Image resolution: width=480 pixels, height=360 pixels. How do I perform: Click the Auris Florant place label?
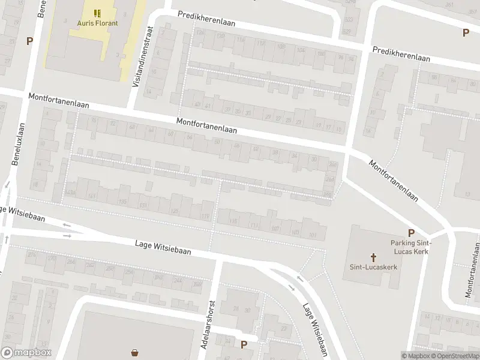tap(97, 23)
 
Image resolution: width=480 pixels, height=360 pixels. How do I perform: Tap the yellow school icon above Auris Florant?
tap(97, 13)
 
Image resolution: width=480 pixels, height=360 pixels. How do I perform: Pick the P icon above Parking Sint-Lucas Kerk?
tap(411, 233)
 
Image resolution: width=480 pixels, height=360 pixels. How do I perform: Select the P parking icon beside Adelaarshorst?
tap(243, 344)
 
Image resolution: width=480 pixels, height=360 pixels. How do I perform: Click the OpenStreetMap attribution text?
tap(455, 356)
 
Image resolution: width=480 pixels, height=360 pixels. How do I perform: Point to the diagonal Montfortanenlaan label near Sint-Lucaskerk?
tap(394, 181)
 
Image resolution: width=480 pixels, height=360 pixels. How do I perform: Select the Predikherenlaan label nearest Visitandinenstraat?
tap(206, 20)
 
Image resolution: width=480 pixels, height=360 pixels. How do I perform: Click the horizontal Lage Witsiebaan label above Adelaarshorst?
tap(163, 247)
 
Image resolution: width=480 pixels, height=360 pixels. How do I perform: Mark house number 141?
tap(92, 197)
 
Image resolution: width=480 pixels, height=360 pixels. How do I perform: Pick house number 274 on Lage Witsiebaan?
tap(32, 255)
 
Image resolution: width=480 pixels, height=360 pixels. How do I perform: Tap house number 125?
tap(175, 211)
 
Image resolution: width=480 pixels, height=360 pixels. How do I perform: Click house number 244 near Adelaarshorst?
tap(178, 281)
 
